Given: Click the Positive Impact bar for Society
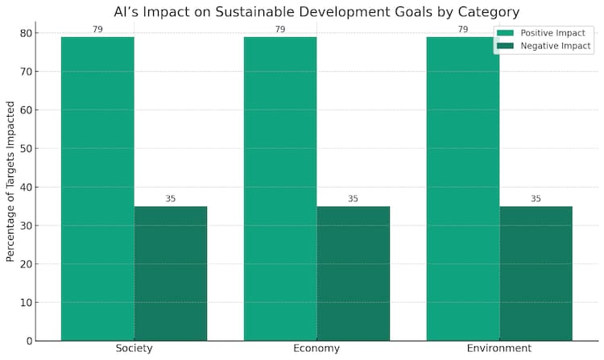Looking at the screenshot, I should (x=97, y=188).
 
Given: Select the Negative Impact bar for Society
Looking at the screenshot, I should (x=171, y=273).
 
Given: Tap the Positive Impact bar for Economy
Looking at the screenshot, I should (x=280, y=188).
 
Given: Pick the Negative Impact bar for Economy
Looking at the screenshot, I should (x=353, y=273).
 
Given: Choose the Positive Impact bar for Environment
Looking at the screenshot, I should (x=463, y=188).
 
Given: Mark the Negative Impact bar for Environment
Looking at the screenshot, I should (x=536, y=273).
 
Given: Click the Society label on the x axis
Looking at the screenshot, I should (x=134, y=349).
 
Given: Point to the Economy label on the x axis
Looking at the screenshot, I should (x=316, y=349).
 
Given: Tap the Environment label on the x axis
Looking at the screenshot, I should (x=499, y=349).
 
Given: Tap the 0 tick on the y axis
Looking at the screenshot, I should (x=29, y=341).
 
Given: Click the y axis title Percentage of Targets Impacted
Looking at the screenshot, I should (x=11, y=181).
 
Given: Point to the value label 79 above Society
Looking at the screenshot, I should (x=97, y=30).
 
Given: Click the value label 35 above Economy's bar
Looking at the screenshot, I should (x=353, y=199).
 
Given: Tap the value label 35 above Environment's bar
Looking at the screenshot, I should (x=536, y=199).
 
